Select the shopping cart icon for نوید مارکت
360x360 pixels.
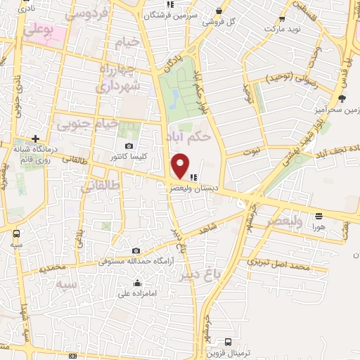(x=282, y=20)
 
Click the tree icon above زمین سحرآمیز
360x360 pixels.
(x=342, y=99)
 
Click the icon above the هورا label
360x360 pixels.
(x=319, y=216)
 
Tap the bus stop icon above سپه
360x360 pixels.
(x=15, y=233)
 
